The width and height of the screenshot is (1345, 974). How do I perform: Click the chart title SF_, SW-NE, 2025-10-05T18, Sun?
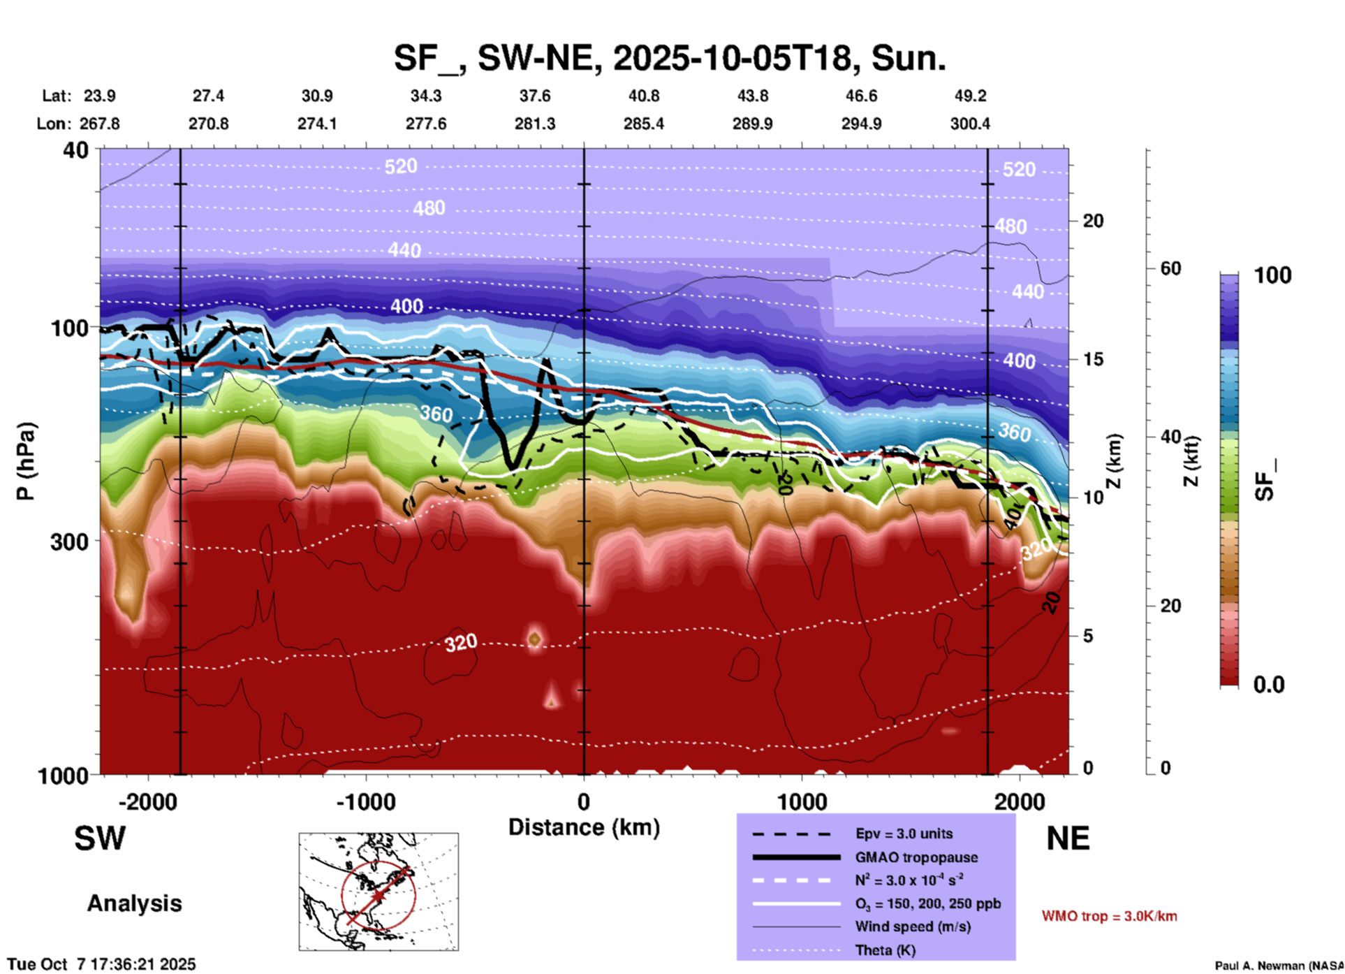click(670, 58)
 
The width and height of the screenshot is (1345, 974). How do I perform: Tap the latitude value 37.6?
click(534, 96)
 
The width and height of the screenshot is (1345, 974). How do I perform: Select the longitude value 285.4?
click(643, 124)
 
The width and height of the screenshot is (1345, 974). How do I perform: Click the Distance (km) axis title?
click(584, 827)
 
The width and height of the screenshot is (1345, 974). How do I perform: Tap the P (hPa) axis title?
click(26, 461)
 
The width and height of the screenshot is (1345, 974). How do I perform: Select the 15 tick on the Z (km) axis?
click(1092, 359)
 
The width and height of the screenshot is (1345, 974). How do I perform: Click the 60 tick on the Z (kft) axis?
click(1170, 268)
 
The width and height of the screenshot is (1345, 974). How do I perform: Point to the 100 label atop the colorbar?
click(1272, 275)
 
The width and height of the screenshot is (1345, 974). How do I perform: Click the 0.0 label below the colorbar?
click(1269, 685)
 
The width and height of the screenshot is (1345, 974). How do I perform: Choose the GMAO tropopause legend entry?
click(916, 857)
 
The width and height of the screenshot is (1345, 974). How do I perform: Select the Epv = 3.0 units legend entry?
click(904, 834)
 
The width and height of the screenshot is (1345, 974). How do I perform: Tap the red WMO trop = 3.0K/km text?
click(1109, 916)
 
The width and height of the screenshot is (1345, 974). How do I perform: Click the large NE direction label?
click(1068, 838)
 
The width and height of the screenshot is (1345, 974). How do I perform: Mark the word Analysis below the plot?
click(134, 903)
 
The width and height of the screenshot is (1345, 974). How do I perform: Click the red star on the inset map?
click(378, 895)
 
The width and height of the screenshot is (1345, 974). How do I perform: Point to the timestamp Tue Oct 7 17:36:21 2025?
click(102, 964)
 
